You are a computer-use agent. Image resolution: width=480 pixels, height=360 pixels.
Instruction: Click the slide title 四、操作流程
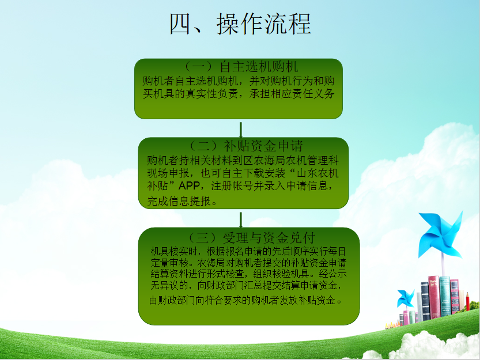pyautogui.click(x=241, y=24)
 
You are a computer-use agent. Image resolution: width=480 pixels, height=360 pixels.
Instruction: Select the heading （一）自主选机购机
pyautogui.click(x=241, y=66)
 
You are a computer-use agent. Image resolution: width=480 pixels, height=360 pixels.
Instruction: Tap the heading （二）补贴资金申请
pyautogui.click(x=246, y=146)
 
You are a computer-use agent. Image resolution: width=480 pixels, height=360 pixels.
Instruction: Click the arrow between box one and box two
pyautogui.click(x=241, y=130)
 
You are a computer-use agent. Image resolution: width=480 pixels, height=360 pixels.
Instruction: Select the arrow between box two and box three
pyautogui.click(x=241, y=220)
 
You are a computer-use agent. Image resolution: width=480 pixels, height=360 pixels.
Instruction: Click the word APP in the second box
pyautogui.click(x=189, y=185)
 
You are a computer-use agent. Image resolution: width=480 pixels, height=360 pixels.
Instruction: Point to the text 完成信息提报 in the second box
pyautogui.click(x=179, y=201)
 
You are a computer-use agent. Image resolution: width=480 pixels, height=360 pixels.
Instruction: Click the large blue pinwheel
pyautogui.click(x=440, y=234)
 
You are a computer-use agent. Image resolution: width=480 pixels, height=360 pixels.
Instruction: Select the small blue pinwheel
pyautogui.click(x=405, y=298)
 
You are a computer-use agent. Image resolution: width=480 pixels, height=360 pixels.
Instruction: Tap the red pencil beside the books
pyautogui.click(x=467, y=301)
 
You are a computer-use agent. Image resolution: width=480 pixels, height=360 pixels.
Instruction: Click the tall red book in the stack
pyautogui.click(x=434, y=297)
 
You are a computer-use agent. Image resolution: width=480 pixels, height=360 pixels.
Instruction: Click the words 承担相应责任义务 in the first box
pyautogui.click(x=292, y=94)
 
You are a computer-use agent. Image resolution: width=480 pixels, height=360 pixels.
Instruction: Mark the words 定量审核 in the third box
pyautogui.click(x=169, y=263)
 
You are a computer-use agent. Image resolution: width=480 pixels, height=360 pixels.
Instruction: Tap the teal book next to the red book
pyautogui.click(x=445, y=296)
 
